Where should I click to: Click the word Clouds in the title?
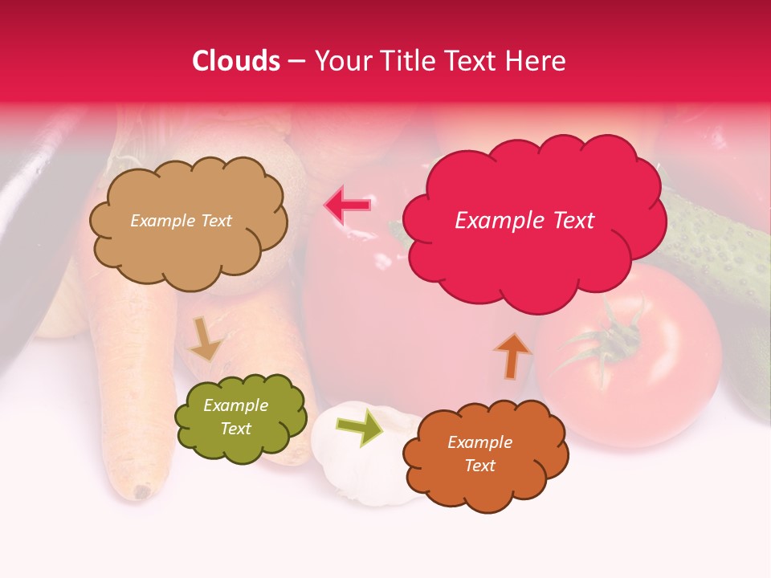(236, 61)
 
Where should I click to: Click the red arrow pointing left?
(348, 206)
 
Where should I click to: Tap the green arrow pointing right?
(360, 426)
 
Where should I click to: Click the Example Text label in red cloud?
(524, 221)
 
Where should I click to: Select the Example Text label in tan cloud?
(181, 221)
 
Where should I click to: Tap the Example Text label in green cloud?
(235, 417)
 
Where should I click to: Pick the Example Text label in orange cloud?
(479, 454)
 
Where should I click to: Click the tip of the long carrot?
(143, 490)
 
